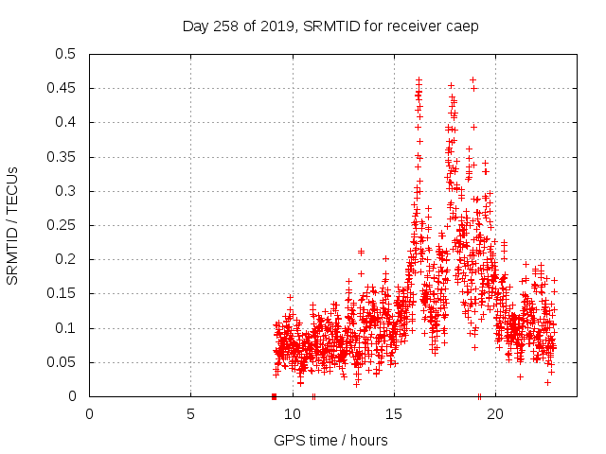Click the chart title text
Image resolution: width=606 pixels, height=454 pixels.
coord(330,26)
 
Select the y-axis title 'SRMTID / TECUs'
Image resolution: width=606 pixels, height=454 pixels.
coord(13,225)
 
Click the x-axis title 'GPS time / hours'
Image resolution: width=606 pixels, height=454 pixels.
coord(330,440)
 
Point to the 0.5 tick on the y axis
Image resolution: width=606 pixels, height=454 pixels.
coord(64,54)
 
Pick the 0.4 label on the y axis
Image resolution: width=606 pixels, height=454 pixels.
coord(64,123)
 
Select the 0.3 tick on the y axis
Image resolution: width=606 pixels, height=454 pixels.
coord(64,191)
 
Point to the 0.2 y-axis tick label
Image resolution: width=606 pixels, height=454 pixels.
coord(64,260)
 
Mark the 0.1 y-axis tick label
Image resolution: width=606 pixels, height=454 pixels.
coord(64,328)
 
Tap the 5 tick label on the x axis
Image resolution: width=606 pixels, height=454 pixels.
coord(190,414)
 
